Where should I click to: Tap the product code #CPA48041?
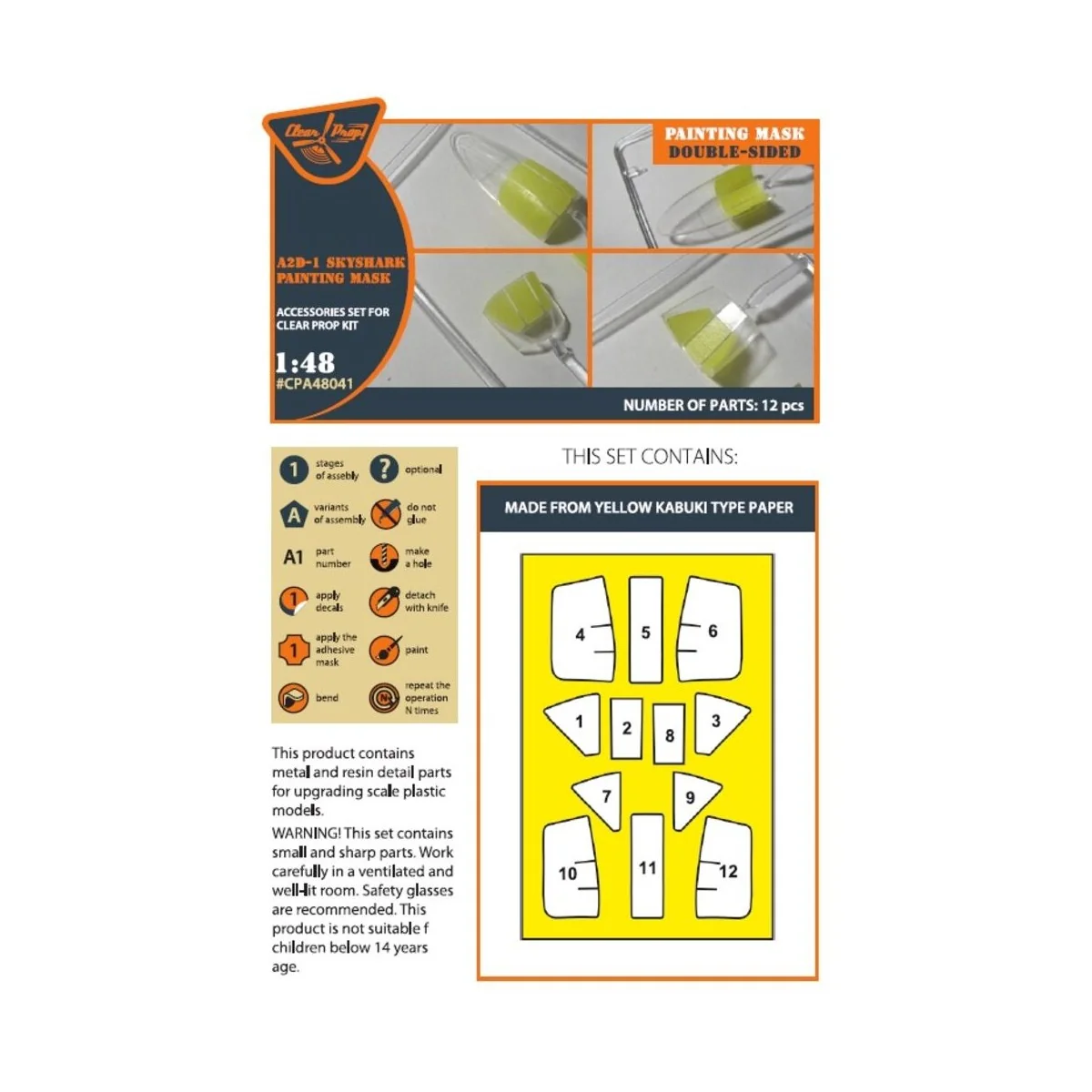(x=315, y=384)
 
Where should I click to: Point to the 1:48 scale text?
(x=305, y=363)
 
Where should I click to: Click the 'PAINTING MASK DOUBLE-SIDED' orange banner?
(x=733, y=143)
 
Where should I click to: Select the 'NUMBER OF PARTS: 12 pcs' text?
(x=713, y=405)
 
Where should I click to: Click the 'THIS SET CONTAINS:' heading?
(x=650, y=456)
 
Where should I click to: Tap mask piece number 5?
(x=645, y=630)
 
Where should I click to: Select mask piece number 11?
(x=647, y=865)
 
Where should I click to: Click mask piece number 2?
(x=626, y=728)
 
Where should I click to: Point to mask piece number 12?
(x=723, y=867)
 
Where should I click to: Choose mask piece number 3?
(x=718, y=723)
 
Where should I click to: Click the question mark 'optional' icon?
(x=384, y=470)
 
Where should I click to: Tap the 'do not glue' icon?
(x=385, y=513)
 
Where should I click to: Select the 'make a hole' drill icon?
(x=384, y=558)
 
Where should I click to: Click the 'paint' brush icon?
(x=385, y=650)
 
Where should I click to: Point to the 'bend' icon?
(x=293, y=697)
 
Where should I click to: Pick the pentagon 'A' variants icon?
(x=294, y=514)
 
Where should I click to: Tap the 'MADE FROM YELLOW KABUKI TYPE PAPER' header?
(x=649, y=508)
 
